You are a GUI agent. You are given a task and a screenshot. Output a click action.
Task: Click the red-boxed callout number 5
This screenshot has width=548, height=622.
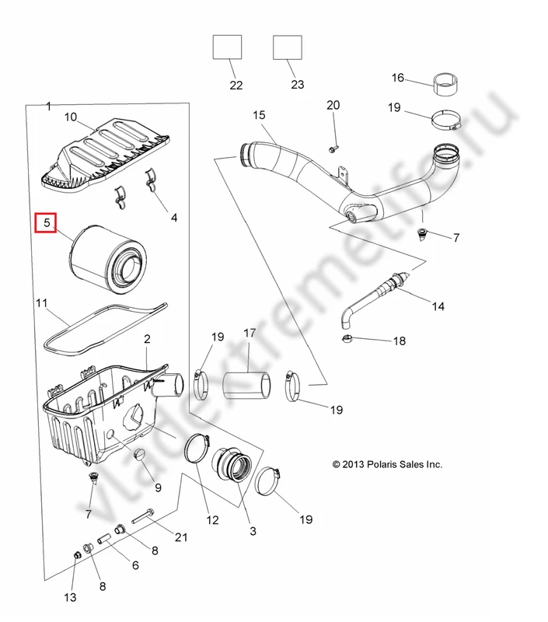(47, 224)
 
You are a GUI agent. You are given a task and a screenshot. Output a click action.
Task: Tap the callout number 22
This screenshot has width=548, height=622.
(236, 86)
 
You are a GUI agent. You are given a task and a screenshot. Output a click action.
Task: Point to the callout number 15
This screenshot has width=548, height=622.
(259, 115)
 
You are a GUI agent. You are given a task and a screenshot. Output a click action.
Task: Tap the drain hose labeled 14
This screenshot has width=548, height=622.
(373, 299)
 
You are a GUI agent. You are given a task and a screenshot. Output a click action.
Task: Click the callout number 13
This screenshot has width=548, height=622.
(70, 597)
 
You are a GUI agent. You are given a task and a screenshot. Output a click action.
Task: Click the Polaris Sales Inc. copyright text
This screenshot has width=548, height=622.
(387, 464)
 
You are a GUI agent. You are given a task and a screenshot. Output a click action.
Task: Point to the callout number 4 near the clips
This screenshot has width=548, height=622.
(174, 218)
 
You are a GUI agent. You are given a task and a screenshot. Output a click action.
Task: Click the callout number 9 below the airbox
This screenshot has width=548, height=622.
(158, 488)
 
